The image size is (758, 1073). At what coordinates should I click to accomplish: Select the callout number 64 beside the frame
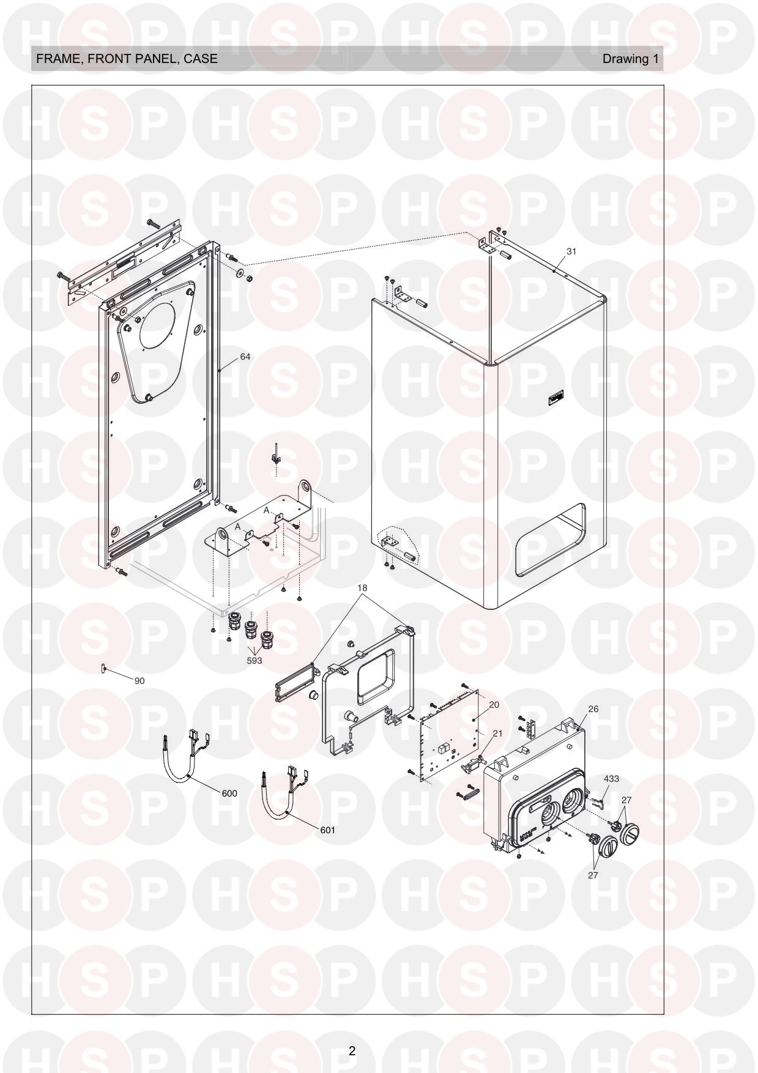point(245,357)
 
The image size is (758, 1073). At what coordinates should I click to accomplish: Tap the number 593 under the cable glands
point(254,661)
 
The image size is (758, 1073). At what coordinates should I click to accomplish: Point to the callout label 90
point(139,681)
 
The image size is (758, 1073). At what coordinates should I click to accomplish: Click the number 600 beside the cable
point(229,793)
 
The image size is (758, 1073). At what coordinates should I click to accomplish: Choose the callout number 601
point(327,830)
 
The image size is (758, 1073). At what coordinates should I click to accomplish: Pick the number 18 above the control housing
point(362,588)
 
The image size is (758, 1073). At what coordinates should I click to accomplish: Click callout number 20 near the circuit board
point(494,705)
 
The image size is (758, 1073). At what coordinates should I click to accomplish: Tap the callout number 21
point(497,733)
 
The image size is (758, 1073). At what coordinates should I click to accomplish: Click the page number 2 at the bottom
point(352,1051)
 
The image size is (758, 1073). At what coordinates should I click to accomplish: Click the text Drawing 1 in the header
point(631,59)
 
